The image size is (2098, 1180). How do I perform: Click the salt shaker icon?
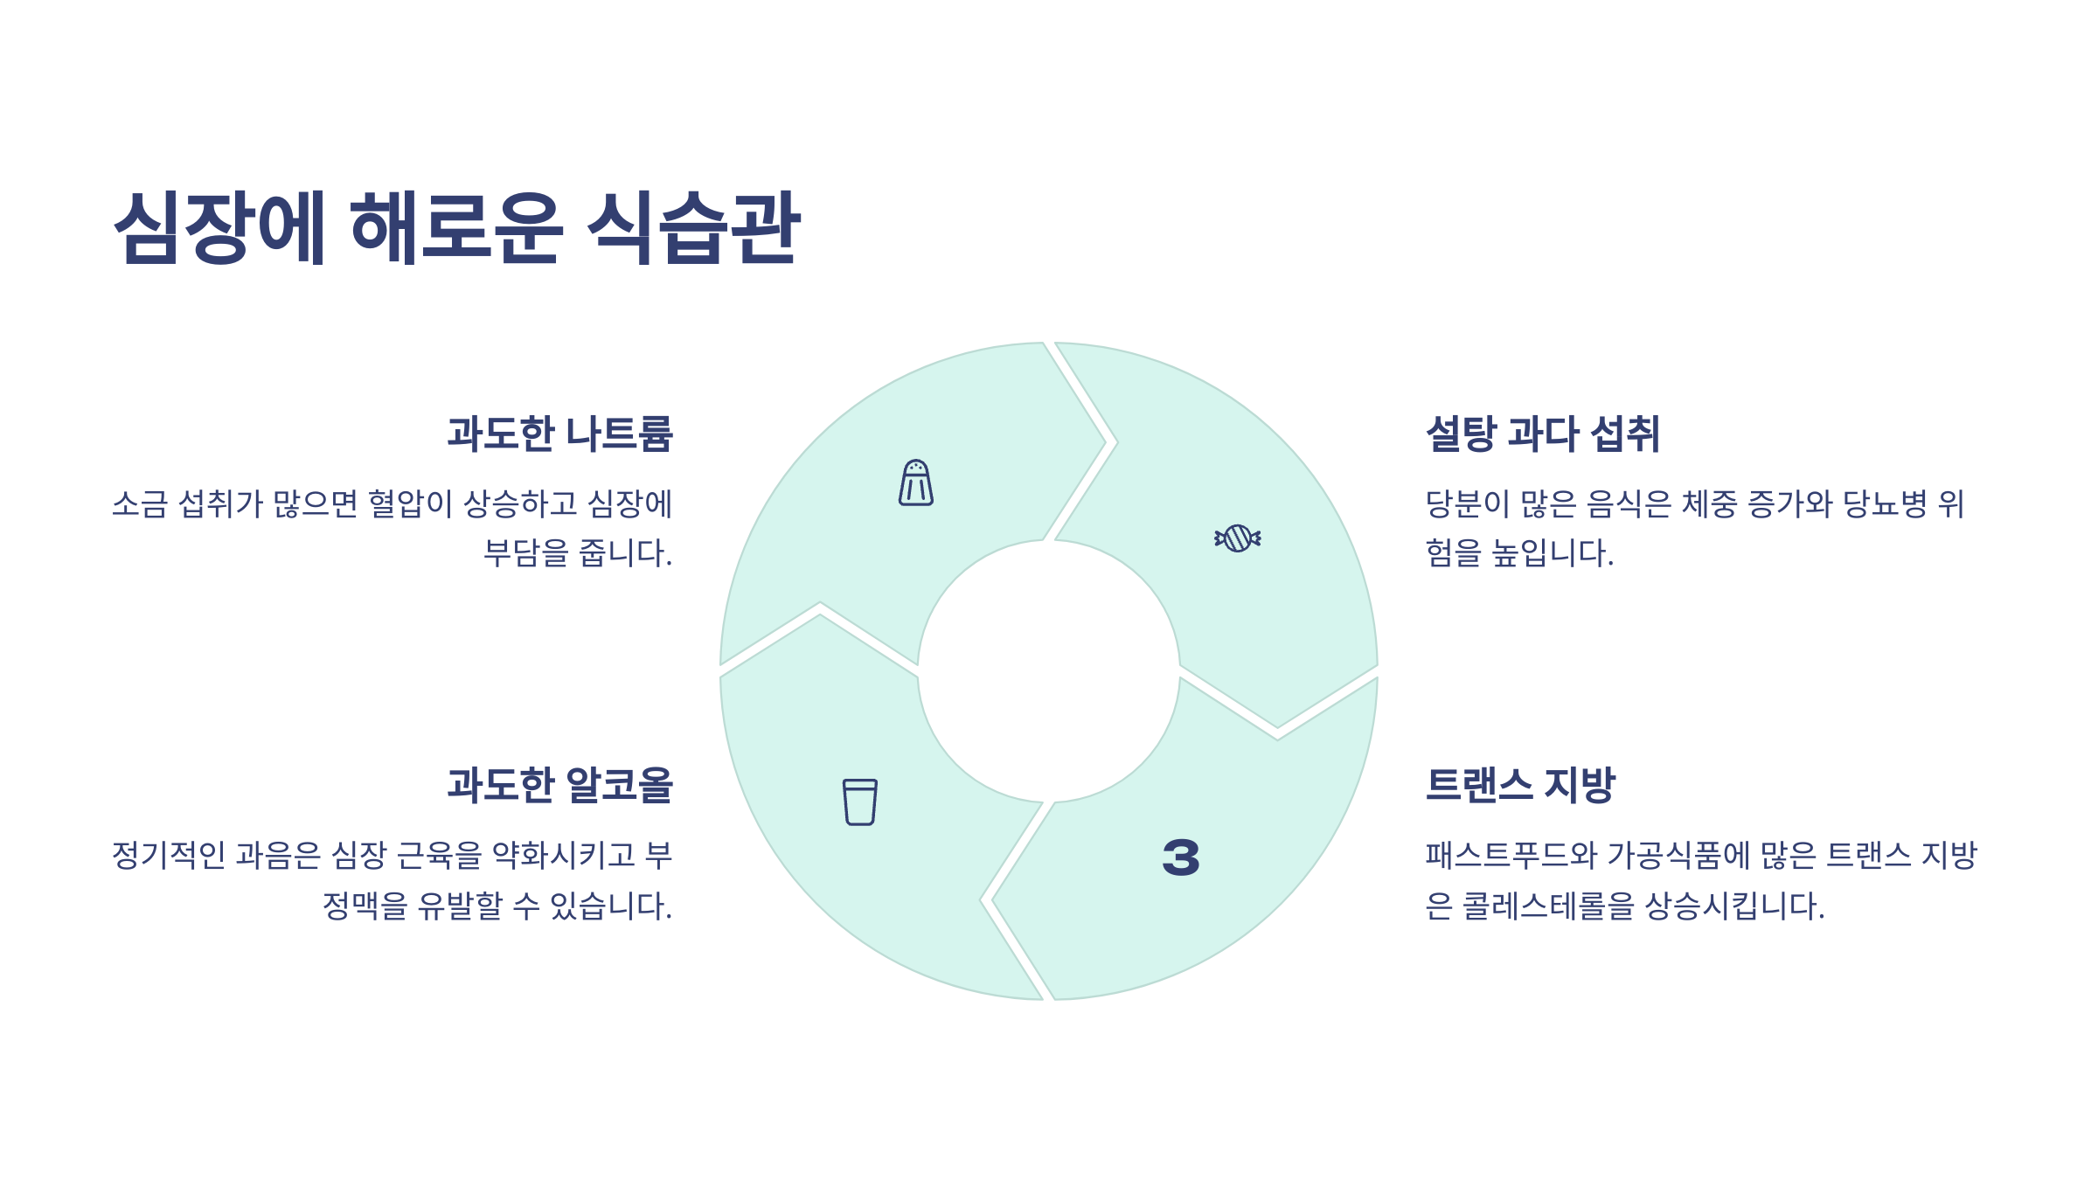tap(915, 482)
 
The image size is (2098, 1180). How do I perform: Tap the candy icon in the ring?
tap(1237, 538)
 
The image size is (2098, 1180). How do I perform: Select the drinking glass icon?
tap(859, 802)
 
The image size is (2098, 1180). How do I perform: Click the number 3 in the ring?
tap(1181, 857)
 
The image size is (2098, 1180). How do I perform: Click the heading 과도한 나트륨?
tap(559, 434)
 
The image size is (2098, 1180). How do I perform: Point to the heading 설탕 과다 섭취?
tap(1542, 434)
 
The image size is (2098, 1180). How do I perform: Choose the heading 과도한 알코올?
tap(559, 784)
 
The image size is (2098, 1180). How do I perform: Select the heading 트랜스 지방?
tap(1520, 784)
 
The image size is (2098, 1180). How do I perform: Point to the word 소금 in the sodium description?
tap(139, 504)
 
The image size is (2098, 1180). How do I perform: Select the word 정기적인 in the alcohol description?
tap(169, 855)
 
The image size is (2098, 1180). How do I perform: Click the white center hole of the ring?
tap(1048, 671)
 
